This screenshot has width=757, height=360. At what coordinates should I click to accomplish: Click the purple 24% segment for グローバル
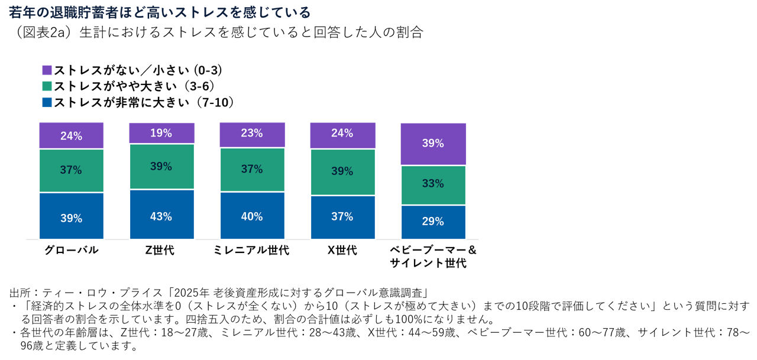coord(71,136)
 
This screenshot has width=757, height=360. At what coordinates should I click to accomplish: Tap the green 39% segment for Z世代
coord(161,167)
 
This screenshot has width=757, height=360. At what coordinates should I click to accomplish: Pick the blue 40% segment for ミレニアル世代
coord(252,216)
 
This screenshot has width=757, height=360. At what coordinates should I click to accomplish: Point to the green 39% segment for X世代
coord(342,172)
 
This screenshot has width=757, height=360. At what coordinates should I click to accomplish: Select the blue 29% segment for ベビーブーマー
coord(433,222)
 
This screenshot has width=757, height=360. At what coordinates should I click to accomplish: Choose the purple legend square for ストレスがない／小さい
coord(47,70)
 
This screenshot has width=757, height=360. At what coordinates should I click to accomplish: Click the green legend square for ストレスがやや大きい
coord(47,86)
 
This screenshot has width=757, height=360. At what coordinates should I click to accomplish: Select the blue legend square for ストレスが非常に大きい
coord(47,102)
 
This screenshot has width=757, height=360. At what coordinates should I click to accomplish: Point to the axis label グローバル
coord(71,250)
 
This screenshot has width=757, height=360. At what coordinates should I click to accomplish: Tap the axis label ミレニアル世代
coord(252,250)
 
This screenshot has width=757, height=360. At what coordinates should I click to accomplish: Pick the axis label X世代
coord(342,250)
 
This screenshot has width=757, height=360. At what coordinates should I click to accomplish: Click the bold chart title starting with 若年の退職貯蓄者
coord(160,12)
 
